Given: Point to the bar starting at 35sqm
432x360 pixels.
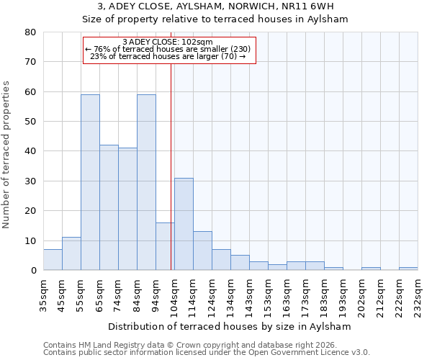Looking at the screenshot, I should point(53,260).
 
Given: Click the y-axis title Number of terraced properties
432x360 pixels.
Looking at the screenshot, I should point(6,154).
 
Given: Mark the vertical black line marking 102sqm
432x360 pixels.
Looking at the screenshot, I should point(171,166).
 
